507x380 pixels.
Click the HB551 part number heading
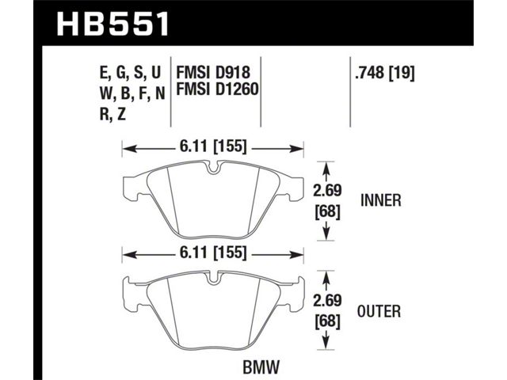pyautogui.click(x=112, y=24)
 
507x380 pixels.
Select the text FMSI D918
pyautogui.click(x=213, y=72)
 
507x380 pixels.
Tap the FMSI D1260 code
pyautogui.click(x=217, y=89)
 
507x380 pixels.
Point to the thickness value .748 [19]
pyautogui.click(x=384, y=73)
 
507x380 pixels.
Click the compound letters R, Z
pyautogui.click(x=112, y=114)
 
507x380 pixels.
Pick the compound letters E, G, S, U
pyautogui.click(x=130, y=73)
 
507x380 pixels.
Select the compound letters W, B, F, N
pyautogui.click(x=132, y=93)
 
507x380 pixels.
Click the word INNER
pyautogui.click(x=380, y=200)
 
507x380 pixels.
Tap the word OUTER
pyautogui.click(x=379, y=311)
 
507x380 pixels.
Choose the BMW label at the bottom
pyautogui.click(x=261, y=367)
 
